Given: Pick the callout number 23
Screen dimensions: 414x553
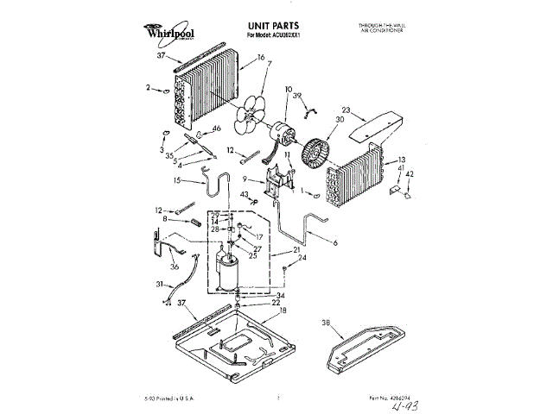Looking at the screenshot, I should [x=346, y=110].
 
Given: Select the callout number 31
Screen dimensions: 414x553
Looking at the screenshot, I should [x=159, y=285].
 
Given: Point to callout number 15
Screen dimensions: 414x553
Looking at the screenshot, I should [x=176, y=181].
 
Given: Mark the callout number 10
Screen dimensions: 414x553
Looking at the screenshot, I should [x=289, y=89].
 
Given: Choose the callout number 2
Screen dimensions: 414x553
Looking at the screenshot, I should [x=149, y=87].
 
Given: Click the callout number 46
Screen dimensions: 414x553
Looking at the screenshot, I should [x=216, y=129].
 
